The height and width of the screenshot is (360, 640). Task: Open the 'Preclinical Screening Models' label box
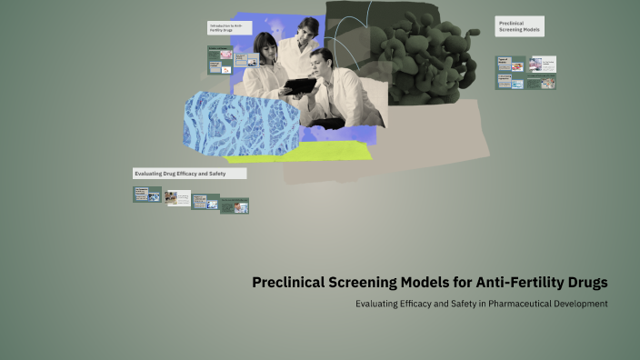520,26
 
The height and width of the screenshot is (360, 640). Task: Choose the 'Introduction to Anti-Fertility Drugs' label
228,28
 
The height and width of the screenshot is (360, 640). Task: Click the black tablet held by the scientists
298,86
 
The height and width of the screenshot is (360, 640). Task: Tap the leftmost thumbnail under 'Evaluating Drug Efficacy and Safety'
146,194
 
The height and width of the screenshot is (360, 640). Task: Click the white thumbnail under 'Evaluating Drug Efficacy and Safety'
178,197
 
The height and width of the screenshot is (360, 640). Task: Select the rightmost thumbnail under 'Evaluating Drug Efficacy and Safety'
235,205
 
